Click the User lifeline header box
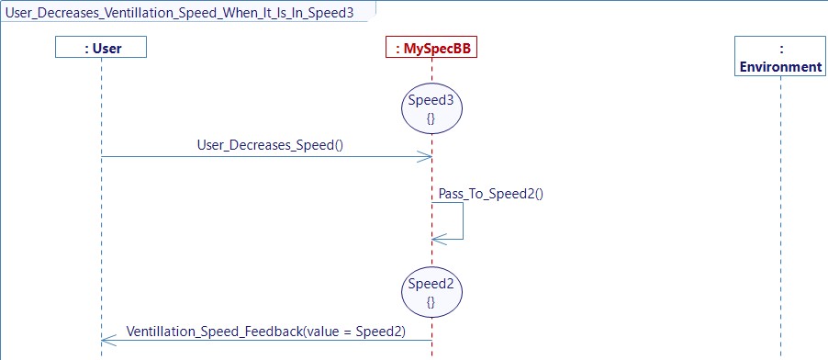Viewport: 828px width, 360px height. tap(101, 47)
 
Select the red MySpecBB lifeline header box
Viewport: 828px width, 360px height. tap(431, 47)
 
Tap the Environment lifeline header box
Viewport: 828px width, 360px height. tap(780, 57)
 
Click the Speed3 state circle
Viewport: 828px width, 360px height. tap(431, 109)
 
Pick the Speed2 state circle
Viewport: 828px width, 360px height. tap(431, 293)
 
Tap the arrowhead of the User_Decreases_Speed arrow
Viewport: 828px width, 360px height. tap(426, 156)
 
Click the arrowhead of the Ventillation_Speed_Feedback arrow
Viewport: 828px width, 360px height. tap(106, 341)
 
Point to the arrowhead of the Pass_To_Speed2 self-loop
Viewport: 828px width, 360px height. tap(438, 239)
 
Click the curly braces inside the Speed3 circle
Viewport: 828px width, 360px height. tap(431, 119)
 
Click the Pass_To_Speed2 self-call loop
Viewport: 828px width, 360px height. tap(462, 220)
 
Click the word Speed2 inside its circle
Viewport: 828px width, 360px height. tap(431, 285)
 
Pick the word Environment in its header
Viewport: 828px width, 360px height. tap(780, 66)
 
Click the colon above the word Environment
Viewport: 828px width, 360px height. tap(780, 48)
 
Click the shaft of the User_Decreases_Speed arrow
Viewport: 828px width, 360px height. tap(266, 156)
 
